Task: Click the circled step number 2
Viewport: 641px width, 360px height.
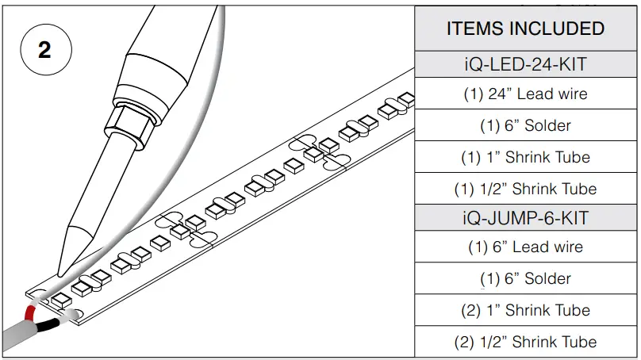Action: click(44, 49)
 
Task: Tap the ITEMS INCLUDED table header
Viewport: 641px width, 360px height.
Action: click(525, 29)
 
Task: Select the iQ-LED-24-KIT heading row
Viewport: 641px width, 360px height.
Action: click(525, 63)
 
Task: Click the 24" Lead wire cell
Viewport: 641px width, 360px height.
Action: click(525, 94)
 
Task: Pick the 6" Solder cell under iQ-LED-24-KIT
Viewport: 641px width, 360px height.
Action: click(525, 125)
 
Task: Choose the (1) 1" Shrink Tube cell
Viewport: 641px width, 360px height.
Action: click(525, 157)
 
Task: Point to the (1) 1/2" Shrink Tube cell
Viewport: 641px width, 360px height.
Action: click(525, 189)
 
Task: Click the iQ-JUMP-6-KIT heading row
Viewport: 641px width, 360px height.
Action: click(525, 216)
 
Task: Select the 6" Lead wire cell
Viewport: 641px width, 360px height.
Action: click(525, 247)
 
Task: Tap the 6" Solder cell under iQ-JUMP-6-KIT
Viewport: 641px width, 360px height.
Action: click(525, 278)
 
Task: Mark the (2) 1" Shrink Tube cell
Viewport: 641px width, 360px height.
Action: click(525, 310)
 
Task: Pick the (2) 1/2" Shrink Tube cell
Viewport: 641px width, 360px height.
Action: click(525, 342)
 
